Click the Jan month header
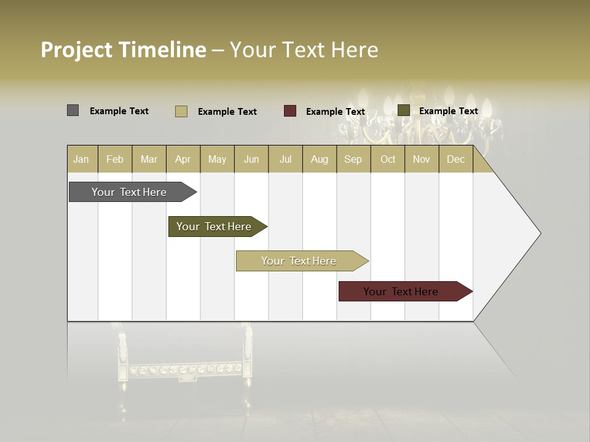[x=81, y=159]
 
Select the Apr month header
[x=183, y=159]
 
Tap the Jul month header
[x=285, y=159]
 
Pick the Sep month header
[x=353, y=159]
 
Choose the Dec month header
[x=455, y=159]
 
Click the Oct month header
[x=388, y=159]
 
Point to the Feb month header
[x=115, y=159]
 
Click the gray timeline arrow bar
[x=129, y=192]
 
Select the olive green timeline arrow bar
[x=214, y=227]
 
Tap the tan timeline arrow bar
[x=299, y=261]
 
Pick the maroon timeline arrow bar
[x=401, y=292]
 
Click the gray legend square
[x=73, y=110]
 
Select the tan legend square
[x=181, y=111]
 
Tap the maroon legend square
[x=290, y=111]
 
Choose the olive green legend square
[x=403, y=110]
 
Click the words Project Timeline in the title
[x=123, y=50]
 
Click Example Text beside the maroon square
[x=335, y=112]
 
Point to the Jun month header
[x=251, y=159]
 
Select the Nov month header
[x=421, y=159]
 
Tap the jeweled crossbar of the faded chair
[x=185, y=370]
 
